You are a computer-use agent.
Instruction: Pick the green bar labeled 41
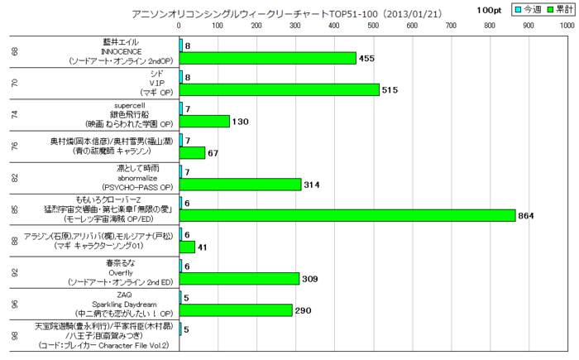pyautogui.click(x=188, y=247)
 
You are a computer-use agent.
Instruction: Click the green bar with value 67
pyautogui.click(x=193, y=152)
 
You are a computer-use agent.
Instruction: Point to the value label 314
pyautogui.click(x=313, y=184)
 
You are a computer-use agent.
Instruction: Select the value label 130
pyautogui.click(x=242, y=121)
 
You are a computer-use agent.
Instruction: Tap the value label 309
pyautogui.click(x=312, y=278)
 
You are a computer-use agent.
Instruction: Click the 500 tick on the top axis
pyautogui.click(x=373, y=26)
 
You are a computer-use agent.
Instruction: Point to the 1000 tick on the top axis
pyautogui.click(x=567, y=26)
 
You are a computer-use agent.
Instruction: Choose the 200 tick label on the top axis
pyautogui.click(x=256, y=26)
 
